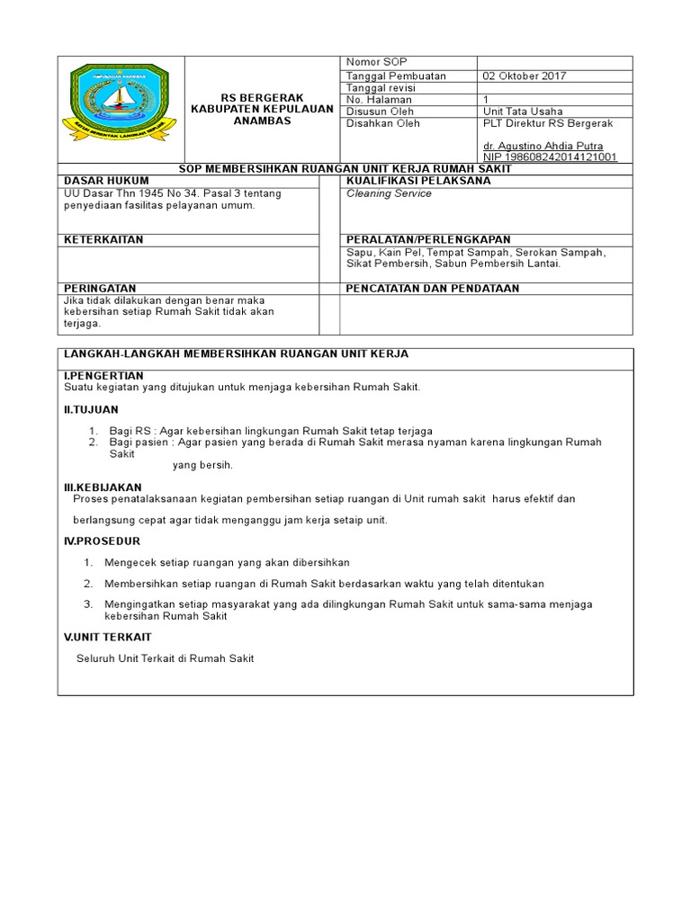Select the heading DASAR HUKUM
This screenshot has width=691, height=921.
pos(99,181)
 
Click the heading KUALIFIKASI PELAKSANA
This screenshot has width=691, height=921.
pos(418,181)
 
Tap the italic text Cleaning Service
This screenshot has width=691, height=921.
pos(389,193)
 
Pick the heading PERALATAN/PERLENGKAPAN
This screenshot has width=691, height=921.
pos(428,240)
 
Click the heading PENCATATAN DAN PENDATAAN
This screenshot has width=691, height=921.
pos(433,289)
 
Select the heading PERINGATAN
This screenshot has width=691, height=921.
pos(99,289)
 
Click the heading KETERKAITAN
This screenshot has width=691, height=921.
pos(103,240)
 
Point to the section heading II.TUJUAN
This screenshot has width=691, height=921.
pos(91,409)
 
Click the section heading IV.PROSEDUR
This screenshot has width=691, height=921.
pos(102,541)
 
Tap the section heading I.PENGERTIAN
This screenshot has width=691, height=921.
pos(103,375)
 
